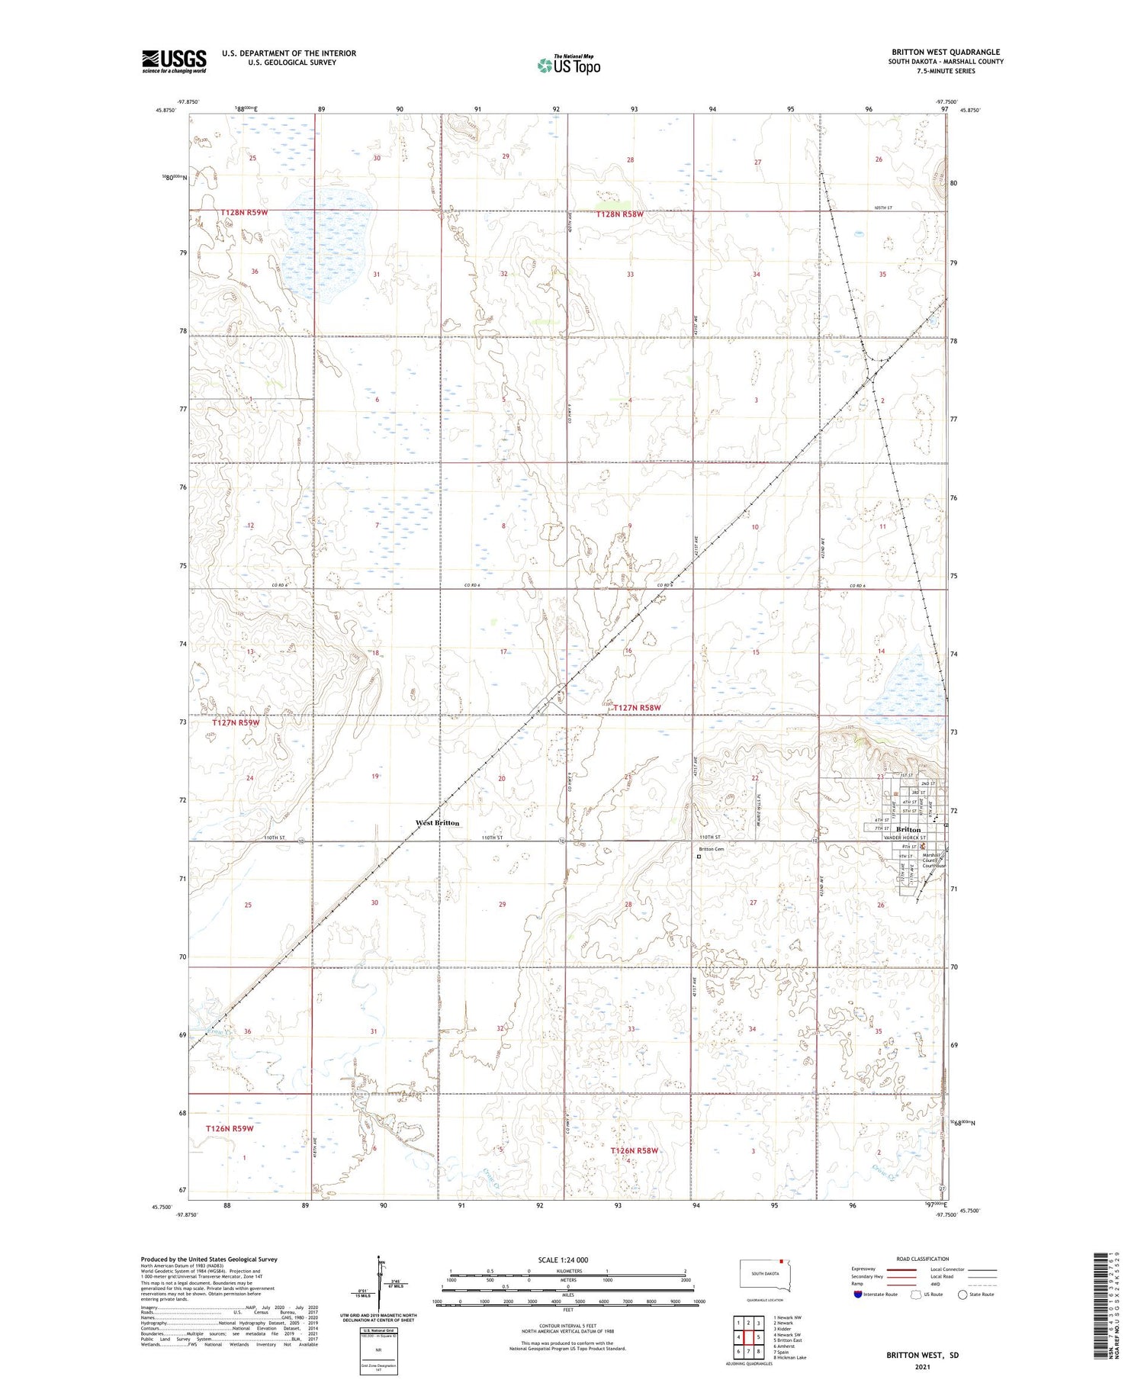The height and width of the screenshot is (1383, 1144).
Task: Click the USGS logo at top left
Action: pyautogui.click(x=174, y=61)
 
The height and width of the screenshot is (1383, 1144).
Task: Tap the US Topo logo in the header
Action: pyautogui.click(x=568, y=65)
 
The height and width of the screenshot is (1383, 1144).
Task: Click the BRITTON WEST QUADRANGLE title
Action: pyautogui.click(x=946, y=53)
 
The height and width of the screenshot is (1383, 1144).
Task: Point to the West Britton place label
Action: pyautogui.click(x=437, y=823)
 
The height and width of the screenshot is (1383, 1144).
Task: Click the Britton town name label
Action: pyautogui.click(x=908, y=829)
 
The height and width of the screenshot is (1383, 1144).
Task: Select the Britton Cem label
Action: pyautogui.click(x=712, y=849)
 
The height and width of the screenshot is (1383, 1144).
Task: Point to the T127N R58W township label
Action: pyautogui.click(x=634, y=708)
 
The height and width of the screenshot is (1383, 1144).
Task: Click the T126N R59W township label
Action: pyautogui.click(x=229, y=1128)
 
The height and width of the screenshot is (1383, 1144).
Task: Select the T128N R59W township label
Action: pyautogui.click(x=244, y=213)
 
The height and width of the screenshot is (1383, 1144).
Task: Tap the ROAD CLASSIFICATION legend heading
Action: pyautogui.click(x=923, y=1259)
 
